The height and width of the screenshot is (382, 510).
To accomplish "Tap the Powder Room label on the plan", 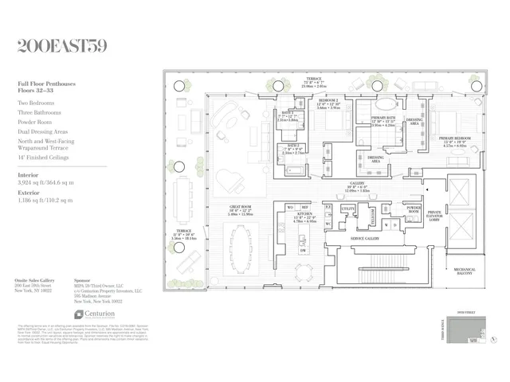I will (x=413, y=208).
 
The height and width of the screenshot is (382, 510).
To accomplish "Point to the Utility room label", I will (x=348, y=208).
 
